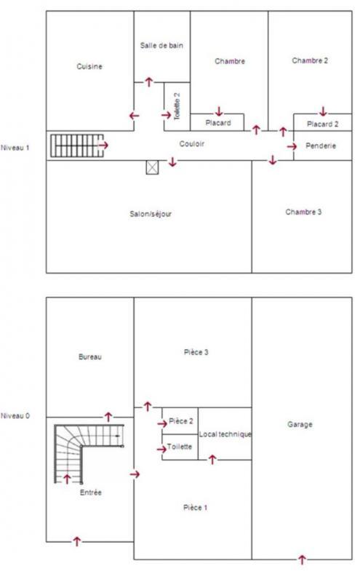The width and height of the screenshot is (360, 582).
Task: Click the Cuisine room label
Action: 89,66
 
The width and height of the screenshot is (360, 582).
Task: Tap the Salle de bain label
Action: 161,45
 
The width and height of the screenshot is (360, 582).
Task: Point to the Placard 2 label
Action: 322,124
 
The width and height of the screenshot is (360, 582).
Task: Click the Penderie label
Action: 321,146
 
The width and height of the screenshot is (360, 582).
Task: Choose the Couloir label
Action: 192,144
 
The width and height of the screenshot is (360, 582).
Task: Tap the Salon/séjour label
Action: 150,214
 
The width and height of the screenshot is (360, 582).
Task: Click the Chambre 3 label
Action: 303,212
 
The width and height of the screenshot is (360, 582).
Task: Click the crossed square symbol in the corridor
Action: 151,167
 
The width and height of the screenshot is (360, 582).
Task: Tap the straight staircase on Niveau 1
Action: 73,145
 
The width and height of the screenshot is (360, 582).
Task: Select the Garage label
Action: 300,424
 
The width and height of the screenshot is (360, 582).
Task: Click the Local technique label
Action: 225,434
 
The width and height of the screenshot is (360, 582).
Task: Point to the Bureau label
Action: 89,357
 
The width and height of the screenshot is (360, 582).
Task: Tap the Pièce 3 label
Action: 197,352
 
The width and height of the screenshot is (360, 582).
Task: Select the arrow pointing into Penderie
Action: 292,147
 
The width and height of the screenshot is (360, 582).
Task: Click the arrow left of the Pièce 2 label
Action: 162,423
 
